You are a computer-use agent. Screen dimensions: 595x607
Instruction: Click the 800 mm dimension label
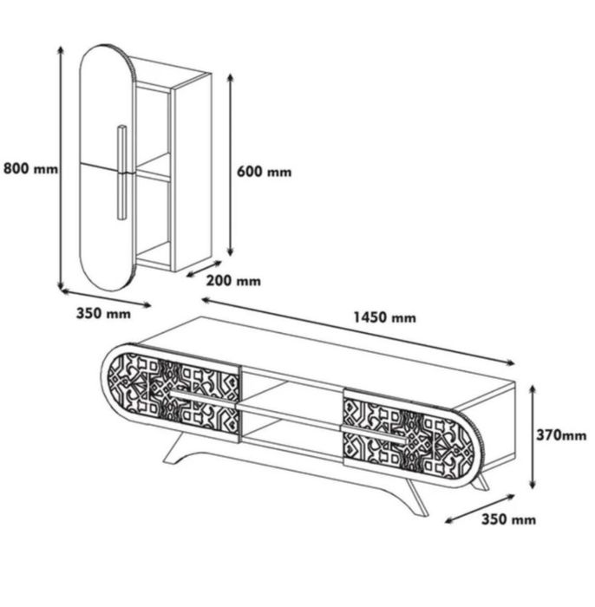[30, 169]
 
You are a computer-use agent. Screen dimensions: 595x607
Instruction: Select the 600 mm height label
[264, 172]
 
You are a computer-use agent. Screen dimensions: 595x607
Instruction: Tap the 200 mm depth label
[233, 281]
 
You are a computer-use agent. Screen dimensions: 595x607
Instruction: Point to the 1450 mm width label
[385, 317]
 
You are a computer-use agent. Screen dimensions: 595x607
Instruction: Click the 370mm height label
[561, 435]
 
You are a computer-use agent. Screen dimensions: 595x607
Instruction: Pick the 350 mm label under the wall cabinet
[103, 313]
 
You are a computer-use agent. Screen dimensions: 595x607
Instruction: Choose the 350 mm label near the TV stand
[508, 519]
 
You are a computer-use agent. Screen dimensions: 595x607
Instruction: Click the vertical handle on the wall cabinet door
[122, 173]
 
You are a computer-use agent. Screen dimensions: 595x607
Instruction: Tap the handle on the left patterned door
[202, 399]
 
